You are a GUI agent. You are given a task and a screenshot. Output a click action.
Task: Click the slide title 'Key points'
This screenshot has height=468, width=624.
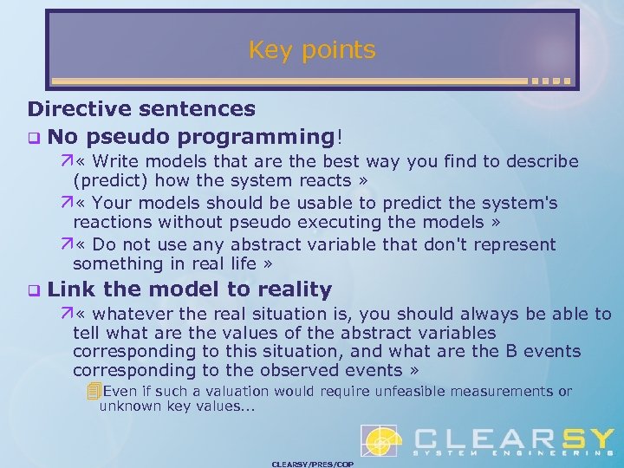312,50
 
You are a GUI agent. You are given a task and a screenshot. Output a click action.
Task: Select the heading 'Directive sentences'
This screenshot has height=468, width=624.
141,109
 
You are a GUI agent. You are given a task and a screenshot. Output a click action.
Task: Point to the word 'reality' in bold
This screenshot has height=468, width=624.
290,289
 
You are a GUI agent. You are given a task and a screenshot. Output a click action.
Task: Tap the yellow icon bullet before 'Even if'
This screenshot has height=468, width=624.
94,392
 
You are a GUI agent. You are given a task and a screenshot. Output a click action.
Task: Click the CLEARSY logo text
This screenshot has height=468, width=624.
511,438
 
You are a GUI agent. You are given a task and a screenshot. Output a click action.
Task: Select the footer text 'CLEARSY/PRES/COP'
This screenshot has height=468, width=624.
312,464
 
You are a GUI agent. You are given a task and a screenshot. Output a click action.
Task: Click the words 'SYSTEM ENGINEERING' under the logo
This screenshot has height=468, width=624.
511,453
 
